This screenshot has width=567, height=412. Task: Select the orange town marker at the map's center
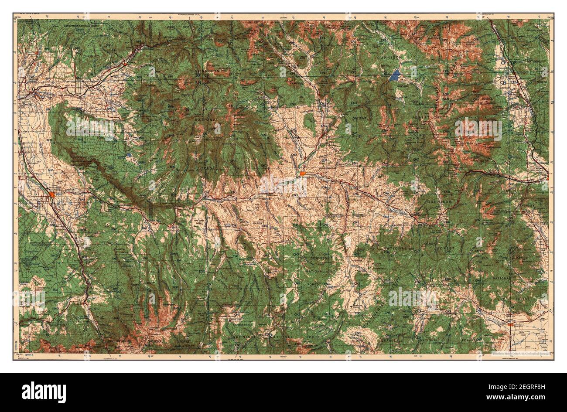tap(303, 174)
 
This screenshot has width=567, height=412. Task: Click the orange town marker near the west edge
tap(52, 194)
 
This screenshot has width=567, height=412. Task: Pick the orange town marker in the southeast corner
tap(510, 323)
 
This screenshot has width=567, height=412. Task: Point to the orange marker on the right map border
tap(548, 177)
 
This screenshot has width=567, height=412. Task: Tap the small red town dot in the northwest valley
tap(124, 64)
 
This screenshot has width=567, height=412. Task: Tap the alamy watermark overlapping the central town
tap(284, 185)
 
